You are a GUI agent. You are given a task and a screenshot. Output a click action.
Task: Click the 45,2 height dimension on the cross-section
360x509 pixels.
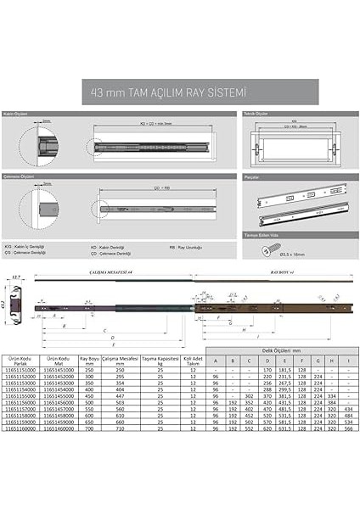(x=4, y=308)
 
